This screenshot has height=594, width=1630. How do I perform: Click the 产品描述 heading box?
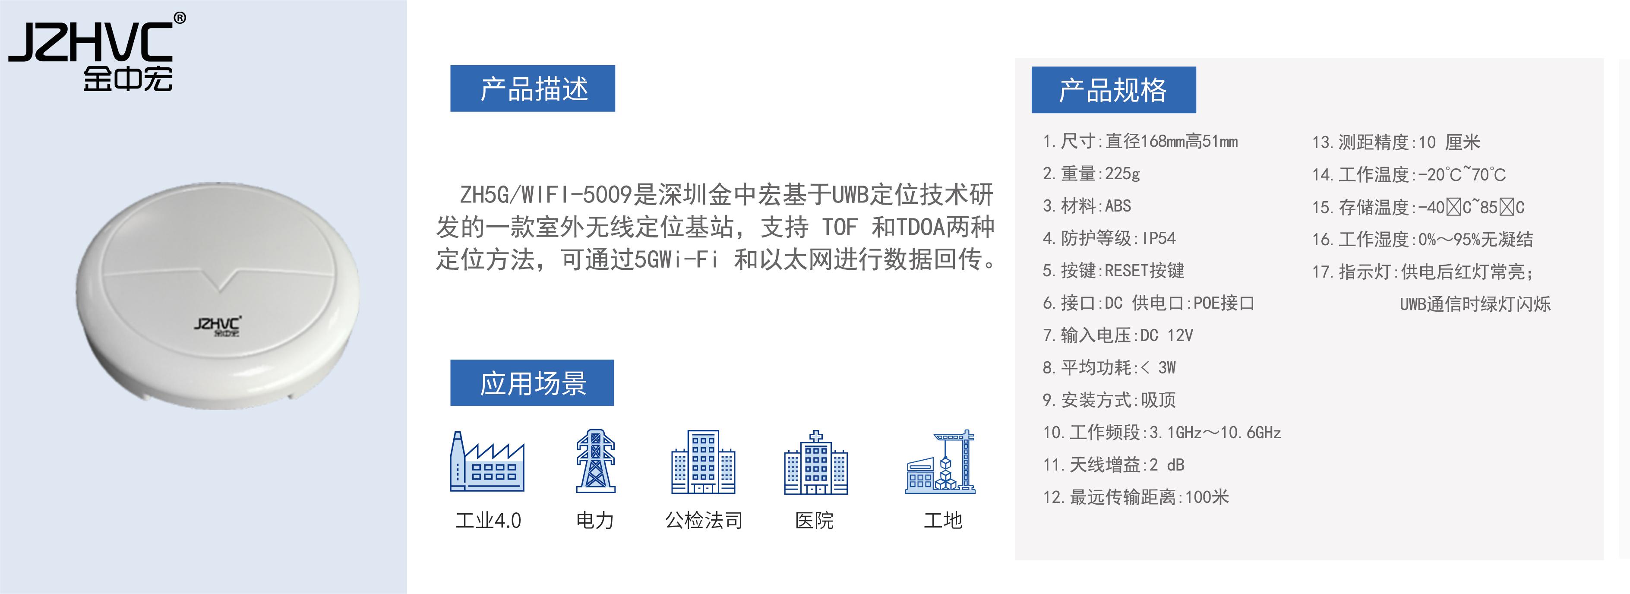click(x=532, y=88)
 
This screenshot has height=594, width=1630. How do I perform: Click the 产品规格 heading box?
click(x=1113, y=90)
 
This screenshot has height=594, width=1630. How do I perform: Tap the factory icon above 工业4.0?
click(x=486, y=462)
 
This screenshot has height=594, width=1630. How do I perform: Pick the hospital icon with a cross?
click(x=815, y=462)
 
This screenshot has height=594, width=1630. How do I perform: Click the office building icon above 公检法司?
click(x=703, y=462)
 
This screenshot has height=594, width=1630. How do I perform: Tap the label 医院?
click(x=815, y=520)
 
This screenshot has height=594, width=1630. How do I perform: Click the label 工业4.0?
click(x=488, y=520)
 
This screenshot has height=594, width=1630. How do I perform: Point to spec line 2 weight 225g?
click(x=1091, y=174)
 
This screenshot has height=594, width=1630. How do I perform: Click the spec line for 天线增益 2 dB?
click(x=1113, y=464)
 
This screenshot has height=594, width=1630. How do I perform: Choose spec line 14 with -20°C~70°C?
click(x=1409, y=174)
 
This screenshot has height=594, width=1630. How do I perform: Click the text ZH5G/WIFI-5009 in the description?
click(x=546, y=194)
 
